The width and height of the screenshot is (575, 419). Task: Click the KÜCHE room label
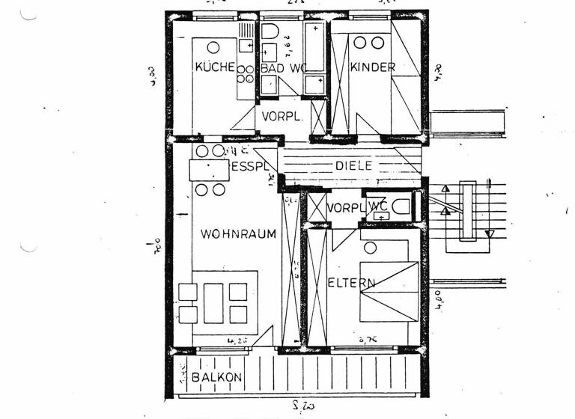click(215, 67)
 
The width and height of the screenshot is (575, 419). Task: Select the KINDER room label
click(372, 67)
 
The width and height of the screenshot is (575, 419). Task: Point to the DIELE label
click(353, 165)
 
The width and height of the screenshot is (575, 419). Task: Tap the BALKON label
click(216, 378)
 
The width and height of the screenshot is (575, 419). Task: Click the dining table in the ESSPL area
click(209, 171)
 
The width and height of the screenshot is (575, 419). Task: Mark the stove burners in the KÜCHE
click(245, 73)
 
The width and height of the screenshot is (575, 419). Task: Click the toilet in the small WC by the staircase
click(402, 207)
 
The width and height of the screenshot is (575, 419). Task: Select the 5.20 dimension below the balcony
click(302, 408)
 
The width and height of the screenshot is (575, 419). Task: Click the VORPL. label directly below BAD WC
click(282, 117)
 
